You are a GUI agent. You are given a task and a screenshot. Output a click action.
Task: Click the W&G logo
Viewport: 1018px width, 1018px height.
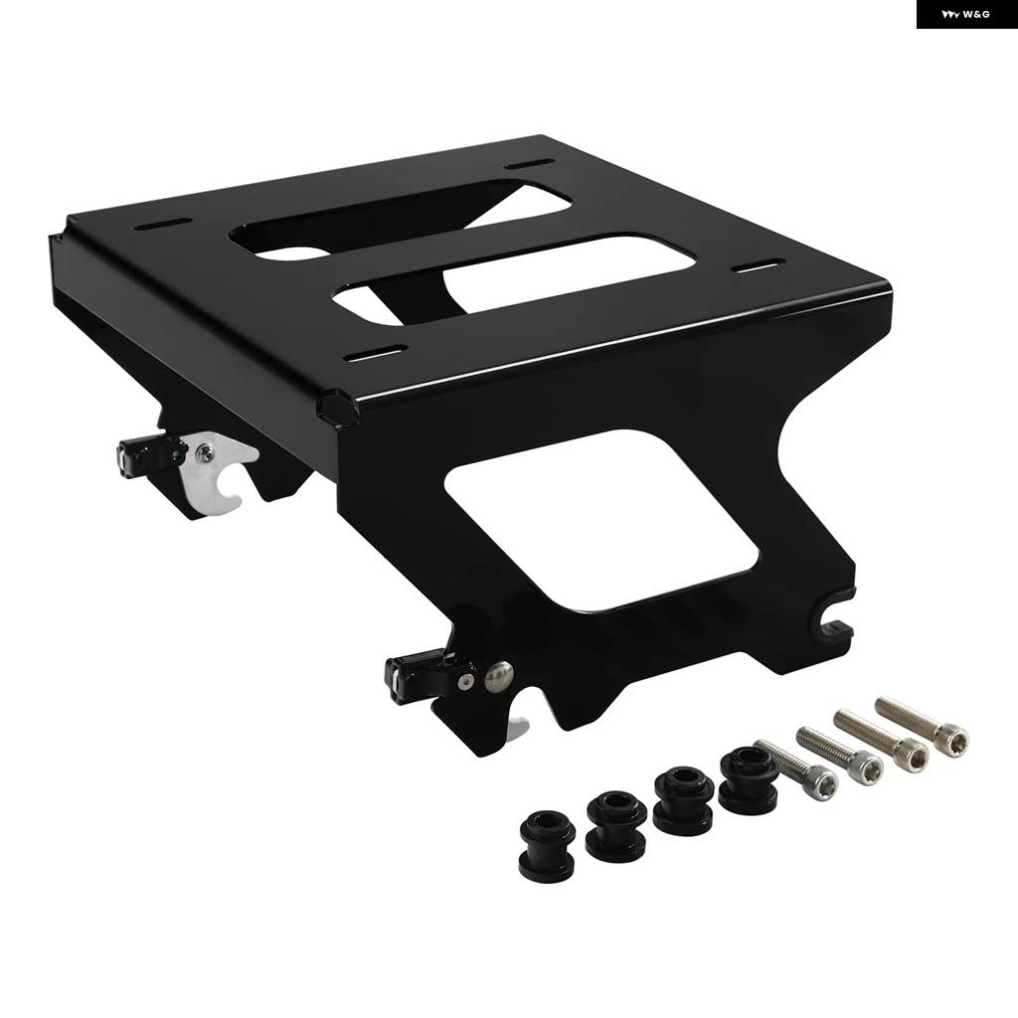(966, 14)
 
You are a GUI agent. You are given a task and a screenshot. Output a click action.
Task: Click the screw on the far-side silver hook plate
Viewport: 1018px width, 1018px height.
(205, 452)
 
